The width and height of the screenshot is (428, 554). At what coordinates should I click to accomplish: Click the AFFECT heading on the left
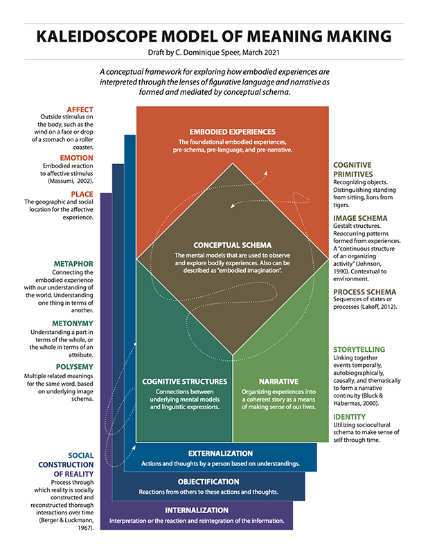pos(80,110)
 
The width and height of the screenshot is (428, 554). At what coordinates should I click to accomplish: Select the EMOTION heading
pos(76,158)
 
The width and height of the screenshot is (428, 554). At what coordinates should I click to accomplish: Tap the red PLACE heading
pos(82,194)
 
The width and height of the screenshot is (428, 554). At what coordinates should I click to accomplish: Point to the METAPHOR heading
pos(73,264)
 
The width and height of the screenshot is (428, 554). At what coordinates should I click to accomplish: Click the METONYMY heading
pos(73,323)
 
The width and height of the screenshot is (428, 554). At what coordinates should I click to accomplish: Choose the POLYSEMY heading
pos(75,367)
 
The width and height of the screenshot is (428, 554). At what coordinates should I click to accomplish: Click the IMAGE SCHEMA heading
pos(360,218)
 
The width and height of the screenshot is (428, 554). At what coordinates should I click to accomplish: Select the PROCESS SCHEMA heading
pos(364,292)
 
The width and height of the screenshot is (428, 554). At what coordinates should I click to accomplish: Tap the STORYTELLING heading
pos(359,350)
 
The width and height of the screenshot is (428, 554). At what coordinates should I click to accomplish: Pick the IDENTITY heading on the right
pos(349,417)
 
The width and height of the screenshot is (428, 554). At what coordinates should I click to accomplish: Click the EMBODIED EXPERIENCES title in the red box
pos(233,132)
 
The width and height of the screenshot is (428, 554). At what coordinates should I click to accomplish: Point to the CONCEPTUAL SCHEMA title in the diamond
pos(233,245)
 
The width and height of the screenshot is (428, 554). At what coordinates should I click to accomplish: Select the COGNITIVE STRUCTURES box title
pos(184,382)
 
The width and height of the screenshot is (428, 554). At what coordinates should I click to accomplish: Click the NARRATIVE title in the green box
pos(278,382)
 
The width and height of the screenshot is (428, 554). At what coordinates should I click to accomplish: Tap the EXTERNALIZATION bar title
pos(220,454)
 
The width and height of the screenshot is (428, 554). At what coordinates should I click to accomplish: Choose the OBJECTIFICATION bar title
pos(208,482)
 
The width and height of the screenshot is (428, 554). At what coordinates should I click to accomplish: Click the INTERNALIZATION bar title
pos(197,510)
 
